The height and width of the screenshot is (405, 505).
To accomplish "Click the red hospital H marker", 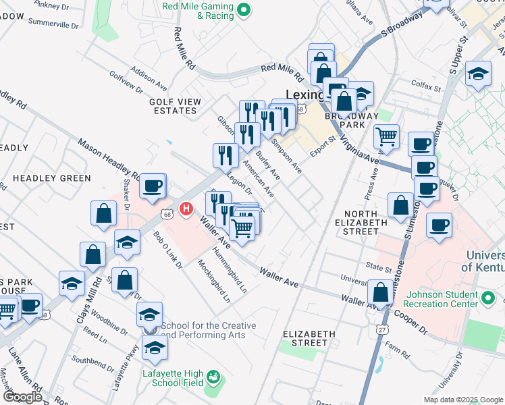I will [x=186, y=211].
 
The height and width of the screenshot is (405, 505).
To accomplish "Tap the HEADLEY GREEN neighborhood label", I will [x=51, y=178].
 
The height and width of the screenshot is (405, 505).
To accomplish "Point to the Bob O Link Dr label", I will [x=168, y=250].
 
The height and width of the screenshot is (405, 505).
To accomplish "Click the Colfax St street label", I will [x=426, y=87].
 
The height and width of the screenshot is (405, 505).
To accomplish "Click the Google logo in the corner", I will [x=22, y=397].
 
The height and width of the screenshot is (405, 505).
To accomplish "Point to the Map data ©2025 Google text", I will [x=463, y=399].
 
